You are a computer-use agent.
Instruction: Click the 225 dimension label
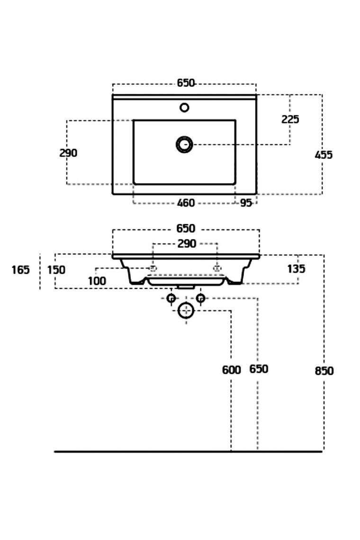(290, 119)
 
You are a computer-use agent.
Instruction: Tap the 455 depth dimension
(324, 154)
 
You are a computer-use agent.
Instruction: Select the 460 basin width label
(185, 203)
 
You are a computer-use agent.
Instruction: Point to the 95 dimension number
(245, 203)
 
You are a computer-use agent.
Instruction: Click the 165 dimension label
(20, 270)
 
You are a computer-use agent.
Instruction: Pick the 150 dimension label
(56, 270)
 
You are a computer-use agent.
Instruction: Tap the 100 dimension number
(97, 280)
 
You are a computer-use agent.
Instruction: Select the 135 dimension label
(297, 269)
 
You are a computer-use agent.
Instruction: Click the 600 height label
(231, 370)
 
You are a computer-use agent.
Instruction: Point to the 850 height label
(324, 370)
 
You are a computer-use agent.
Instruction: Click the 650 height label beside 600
(259, 369)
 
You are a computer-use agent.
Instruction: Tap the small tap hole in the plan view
(184, 108)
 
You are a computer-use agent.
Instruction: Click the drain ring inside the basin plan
(184, 144)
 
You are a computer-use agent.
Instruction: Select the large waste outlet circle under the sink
(186, 311)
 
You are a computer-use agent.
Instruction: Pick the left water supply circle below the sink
(171, 298)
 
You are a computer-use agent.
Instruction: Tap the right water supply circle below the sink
(200, 298)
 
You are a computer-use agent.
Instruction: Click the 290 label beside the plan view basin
(68, 153)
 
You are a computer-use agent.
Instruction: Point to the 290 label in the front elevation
(186, 244)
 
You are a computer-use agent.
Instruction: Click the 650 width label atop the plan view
(186, 83)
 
